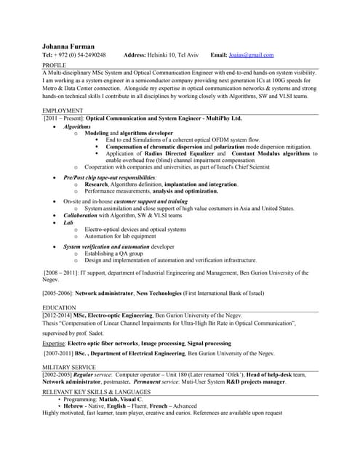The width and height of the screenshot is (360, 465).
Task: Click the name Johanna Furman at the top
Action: [68, 46]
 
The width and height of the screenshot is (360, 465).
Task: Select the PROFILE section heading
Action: [55, 65]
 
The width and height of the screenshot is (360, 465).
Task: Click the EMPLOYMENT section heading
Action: [62, 110]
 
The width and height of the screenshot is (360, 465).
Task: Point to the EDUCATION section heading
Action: [60, 308]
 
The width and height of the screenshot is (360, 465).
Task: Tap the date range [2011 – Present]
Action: [64, 118]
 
